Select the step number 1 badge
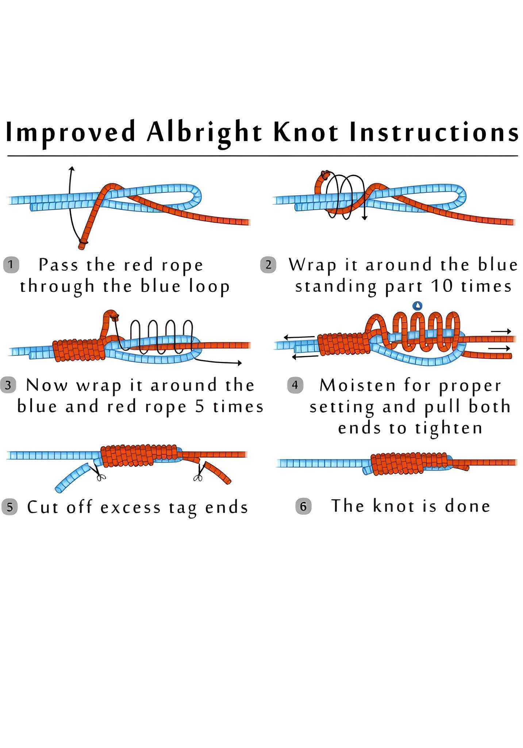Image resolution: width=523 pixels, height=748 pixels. point(11,265)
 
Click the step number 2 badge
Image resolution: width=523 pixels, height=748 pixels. point(268,265)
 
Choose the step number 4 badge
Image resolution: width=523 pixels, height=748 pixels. point(295,385)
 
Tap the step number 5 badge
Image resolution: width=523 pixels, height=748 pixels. point(10,507)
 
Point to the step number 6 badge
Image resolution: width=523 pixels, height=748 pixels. point(303,507)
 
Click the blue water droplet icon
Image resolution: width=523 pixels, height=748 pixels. point(417,305)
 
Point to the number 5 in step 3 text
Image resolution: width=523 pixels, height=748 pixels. point(200,407)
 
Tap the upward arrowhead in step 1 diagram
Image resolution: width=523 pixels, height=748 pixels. point(72,169)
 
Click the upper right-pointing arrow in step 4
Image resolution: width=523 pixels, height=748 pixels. point(501,331)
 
